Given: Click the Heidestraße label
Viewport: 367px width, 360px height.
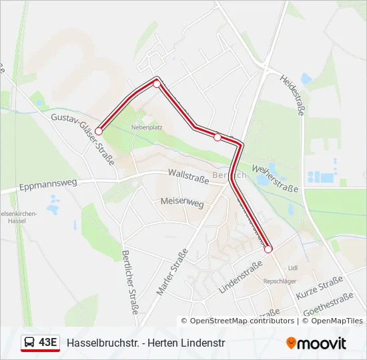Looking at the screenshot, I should point(292,95).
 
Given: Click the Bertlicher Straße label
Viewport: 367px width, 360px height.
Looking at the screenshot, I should point(130,282).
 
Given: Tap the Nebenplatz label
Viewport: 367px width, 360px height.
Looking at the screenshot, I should point(147,126).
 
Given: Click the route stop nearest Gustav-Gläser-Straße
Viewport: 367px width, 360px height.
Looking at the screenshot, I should point(99,131).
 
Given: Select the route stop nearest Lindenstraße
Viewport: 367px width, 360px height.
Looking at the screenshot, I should point(268,249).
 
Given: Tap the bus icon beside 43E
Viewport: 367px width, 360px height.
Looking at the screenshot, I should point(30,343).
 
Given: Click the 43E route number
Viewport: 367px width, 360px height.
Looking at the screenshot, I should point(48,343).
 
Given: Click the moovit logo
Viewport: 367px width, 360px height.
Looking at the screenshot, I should point(316,343).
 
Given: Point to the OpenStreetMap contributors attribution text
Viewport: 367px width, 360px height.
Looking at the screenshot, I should point(242,321).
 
